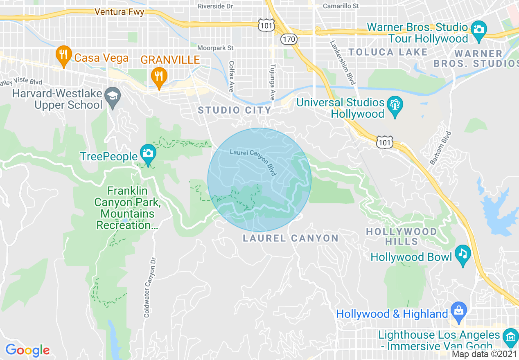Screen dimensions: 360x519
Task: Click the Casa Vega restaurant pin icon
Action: coord(63,56)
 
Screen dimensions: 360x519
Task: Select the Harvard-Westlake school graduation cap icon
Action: coord(111,97)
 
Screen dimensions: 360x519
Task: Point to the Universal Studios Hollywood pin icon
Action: coord(395,106)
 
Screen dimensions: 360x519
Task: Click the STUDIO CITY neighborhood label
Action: coord(235,110)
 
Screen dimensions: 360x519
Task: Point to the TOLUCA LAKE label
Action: coord(388,52)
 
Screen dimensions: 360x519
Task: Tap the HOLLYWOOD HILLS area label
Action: coord(401,236)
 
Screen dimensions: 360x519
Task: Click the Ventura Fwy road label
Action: coord(119,12)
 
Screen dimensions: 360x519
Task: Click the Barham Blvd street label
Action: coord(440,148)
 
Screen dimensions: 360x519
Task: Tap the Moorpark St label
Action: coord(215,48)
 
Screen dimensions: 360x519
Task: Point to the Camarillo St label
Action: coord(341,6)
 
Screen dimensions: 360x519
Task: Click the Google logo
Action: coord(27,350)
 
